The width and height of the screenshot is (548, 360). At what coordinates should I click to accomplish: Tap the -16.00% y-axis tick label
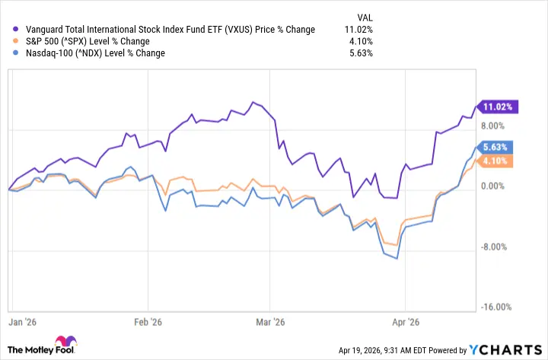click(496, 307)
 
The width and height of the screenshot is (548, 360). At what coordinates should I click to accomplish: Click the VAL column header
click(365, 16)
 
